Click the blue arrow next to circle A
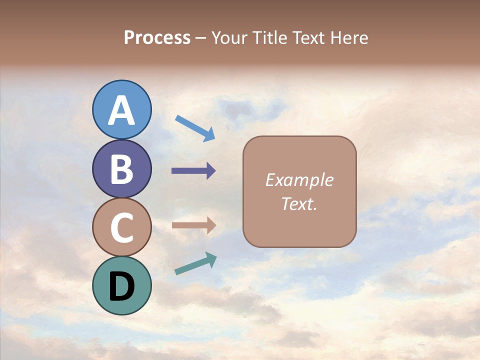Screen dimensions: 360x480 (195, 128)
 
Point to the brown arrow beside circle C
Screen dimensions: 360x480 (193, 225)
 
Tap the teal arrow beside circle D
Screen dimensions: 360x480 (195, 264)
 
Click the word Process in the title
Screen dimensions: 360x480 (157, 38)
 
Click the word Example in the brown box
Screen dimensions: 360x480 (299, 180)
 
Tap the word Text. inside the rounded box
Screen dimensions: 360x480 (299, 203)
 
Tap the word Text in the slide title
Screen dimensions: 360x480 (307, 38)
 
